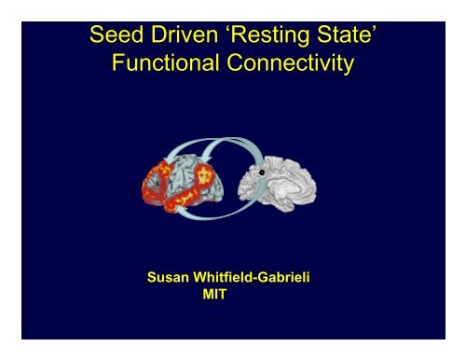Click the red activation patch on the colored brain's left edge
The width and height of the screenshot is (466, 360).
pyautogui.click(x=151, y=187)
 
